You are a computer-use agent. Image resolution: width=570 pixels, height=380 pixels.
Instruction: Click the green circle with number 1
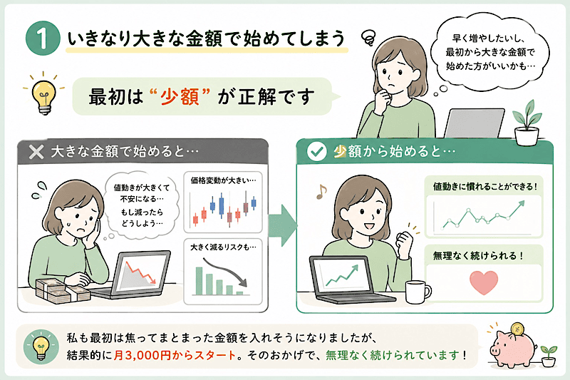pyautogui.click(x=43, y=38)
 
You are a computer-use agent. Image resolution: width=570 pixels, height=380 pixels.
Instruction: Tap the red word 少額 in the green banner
pyautogui.click(x=180, y=97)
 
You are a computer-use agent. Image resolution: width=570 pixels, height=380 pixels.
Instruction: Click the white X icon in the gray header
pyautogui.click(x=36, y=152)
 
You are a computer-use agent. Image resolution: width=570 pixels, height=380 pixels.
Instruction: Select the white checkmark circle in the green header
pyautogui.click(x=316, y=152)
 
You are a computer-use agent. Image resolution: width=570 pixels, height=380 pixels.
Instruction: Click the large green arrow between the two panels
pyautogui.click(x=283, y=225)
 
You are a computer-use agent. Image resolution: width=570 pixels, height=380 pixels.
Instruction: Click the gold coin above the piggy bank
pyautogui.click(x=517, y=329)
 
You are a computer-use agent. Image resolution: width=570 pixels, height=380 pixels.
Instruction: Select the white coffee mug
pyautogui.click(x=418, y=292)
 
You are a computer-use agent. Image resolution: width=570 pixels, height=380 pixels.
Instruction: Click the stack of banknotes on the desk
pyautogui.click(x=62, y=291)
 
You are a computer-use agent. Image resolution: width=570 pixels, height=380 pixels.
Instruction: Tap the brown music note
pyautogui.click(x=321, y=192)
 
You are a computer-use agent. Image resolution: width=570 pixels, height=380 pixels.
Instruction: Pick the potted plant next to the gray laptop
pyautogui.click(x=527, y=123)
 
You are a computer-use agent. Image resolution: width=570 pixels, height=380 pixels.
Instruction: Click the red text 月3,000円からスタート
pyautogui.click(x=175, y=355)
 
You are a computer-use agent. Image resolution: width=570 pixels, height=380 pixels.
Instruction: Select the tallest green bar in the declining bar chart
pyautogui.click(x=199, y=281)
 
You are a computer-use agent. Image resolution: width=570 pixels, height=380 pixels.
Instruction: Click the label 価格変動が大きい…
pyautogui.click(x=223, y=180)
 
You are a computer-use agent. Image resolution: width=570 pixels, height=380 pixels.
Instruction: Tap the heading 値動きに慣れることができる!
pyautogui.click(x=485, y=187)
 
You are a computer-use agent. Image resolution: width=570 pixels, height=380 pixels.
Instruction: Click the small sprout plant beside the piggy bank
pyautogui.click(x=549, y=356)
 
